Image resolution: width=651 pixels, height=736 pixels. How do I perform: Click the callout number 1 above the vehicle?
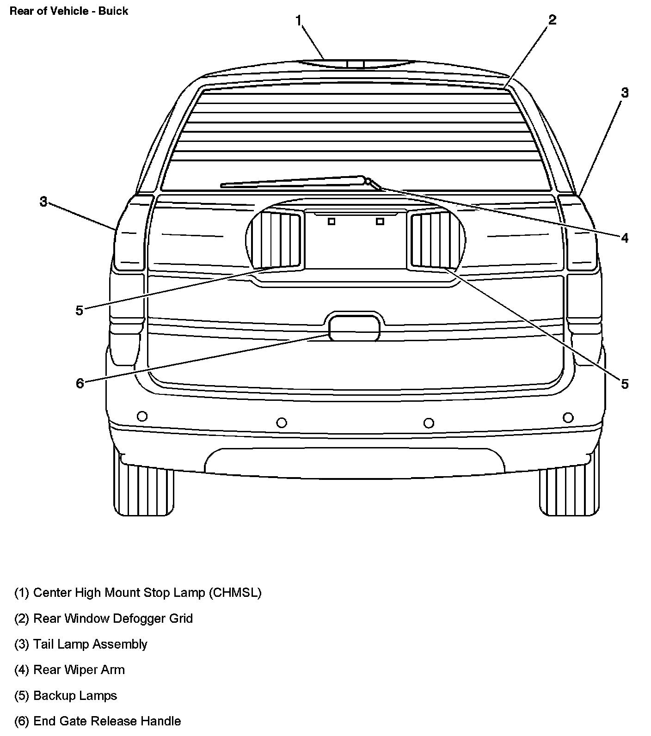[299, 20]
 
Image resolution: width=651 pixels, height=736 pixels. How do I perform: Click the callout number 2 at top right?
[552, 20]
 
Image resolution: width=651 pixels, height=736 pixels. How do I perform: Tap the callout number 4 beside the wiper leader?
[625, 238]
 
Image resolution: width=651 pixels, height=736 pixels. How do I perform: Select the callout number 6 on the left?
[80, 383]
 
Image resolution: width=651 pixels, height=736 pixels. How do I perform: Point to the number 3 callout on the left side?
[43, 202]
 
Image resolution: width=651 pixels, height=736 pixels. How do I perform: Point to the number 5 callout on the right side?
[625, 384]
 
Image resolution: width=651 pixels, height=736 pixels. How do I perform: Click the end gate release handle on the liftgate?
[354, 328]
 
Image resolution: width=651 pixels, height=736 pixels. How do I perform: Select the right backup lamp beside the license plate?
[430, 240]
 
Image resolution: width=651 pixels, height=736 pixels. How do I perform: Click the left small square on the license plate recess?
[332, 221]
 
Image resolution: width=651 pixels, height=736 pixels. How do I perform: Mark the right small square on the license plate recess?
[380, 221]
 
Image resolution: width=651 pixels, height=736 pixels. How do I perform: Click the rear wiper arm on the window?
[296, 182]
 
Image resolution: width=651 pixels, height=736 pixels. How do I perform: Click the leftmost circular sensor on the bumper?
[142, 416]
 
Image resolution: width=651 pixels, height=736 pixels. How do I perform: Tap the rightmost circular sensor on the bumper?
[568, 418]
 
